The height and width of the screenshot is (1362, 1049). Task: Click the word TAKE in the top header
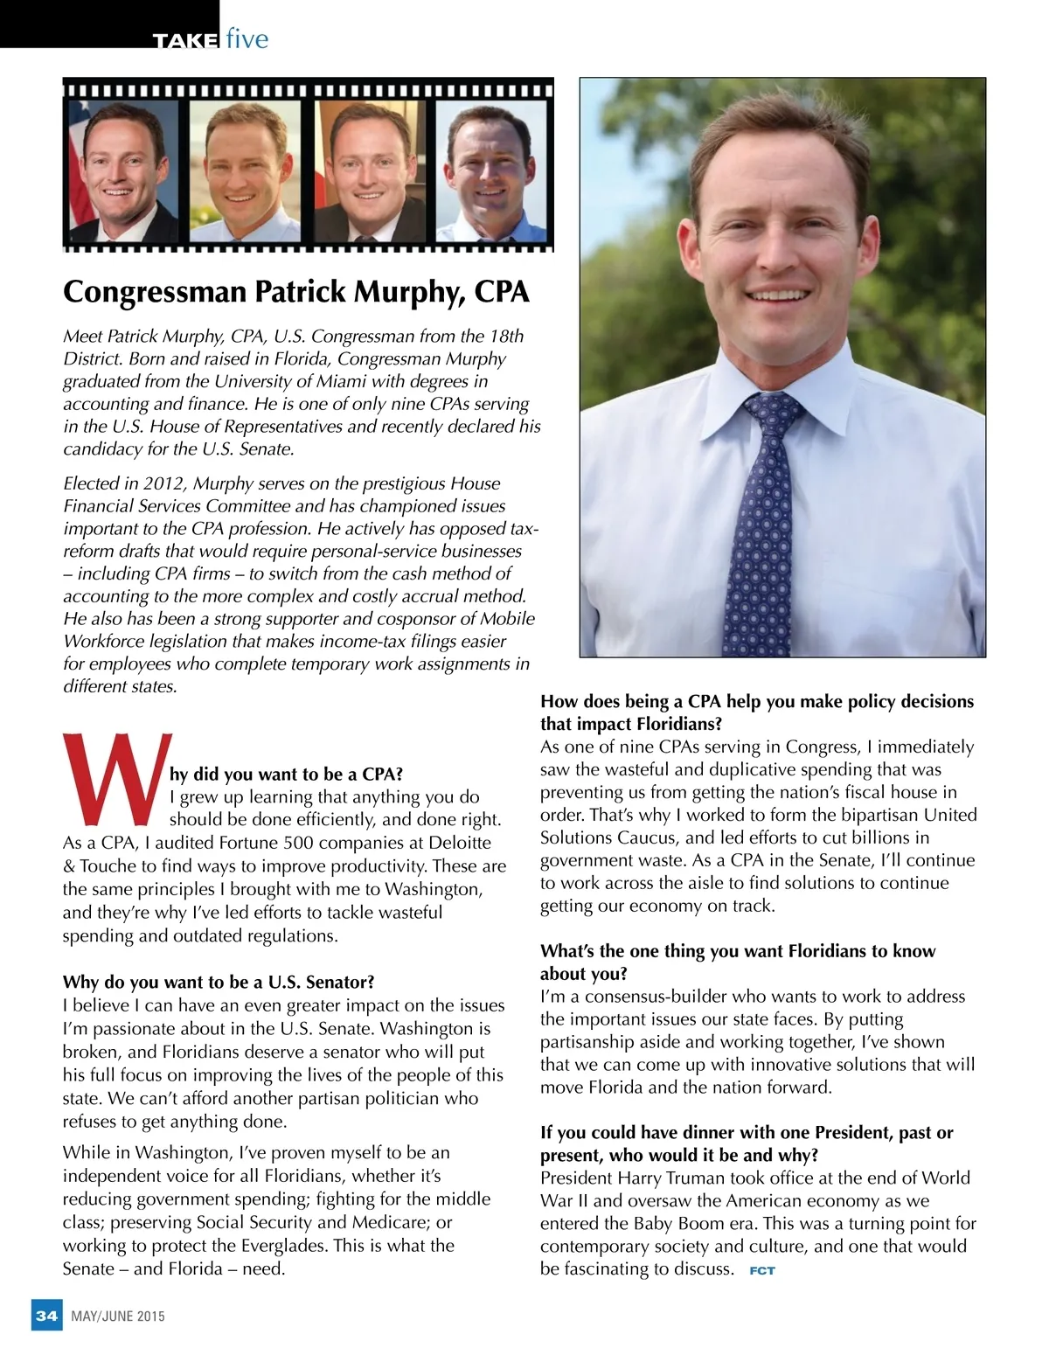184,41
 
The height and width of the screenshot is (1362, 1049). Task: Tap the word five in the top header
247,39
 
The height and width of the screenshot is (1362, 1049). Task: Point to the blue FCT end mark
762,1270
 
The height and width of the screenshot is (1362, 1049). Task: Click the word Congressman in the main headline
156,291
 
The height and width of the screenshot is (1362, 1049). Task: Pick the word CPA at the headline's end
502,291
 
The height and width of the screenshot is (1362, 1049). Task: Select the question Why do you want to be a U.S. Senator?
219,982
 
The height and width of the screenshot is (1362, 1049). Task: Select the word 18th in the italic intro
506,336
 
